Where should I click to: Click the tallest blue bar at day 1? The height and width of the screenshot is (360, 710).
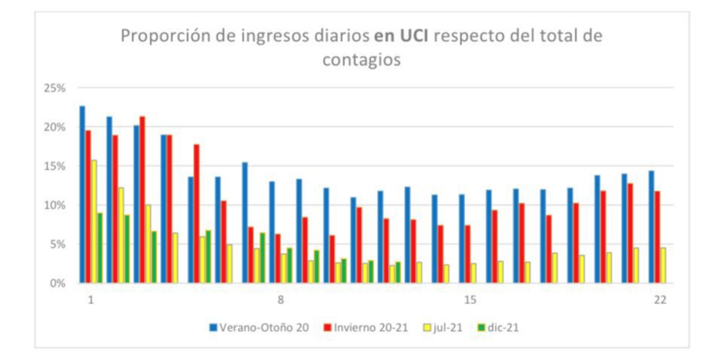pyautogui.click(x=82, y=194)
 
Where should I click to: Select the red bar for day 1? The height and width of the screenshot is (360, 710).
pyautogui.click(x=88, y=206)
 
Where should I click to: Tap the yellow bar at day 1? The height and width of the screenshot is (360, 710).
pyautogui.click(x=94, y=221)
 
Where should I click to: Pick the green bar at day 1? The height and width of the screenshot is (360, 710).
pyautogui.click(x=100, y=248)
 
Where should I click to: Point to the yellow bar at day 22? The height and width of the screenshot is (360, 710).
pyautogui.click(x=663, y=265)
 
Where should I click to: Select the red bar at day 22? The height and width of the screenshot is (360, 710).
pyautogui.click(x=657, y=237)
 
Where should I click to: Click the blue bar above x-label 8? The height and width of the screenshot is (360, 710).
pyautogui.click(x=272, y=232)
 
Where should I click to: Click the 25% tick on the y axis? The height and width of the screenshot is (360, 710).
pyautogui.click(x=55, y=88)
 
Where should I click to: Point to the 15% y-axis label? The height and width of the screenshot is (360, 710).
pyautogui.click(x=55, y=166)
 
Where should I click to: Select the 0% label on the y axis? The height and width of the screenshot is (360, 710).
pyautogui.click(x=58, y=284)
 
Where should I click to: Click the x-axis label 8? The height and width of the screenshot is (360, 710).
pyautogui.click(x=281, y=300)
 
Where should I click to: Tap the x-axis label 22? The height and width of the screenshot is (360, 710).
pyautogui.click(x=660, y=300)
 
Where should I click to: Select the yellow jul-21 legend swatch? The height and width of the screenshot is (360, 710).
pyautogui.click(x=427, y=328)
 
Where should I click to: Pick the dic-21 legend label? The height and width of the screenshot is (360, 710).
pyautogui.click(x=503, y=328)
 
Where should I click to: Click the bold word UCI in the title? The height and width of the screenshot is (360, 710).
pyautogui.click(x=414, y=36)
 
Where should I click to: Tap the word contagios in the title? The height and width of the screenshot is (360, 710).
pyautogui.click(x=361, y=60)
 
